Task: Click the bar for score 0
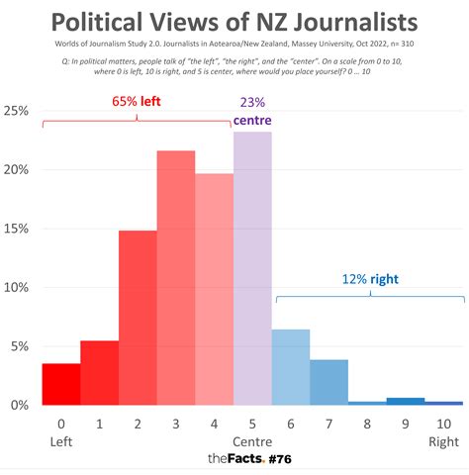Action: click(61, 385)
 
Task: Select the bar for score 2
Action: click(138, 318)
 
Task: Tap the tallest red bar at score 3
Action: click(176, 278)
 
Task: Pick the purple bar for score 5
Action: click(252, 268)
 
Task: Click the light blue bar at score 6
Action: click(291, 367)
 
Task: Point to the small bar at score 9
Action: click(406, 401)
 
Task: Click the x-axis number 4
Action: click(214, 423)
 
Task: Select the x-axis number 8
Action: click(367, 423)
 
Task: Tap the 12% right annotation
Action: click(371, 279)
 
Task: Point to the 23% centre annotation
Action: click(252, 111)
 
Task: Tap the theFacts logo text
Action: click(234, 459)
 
